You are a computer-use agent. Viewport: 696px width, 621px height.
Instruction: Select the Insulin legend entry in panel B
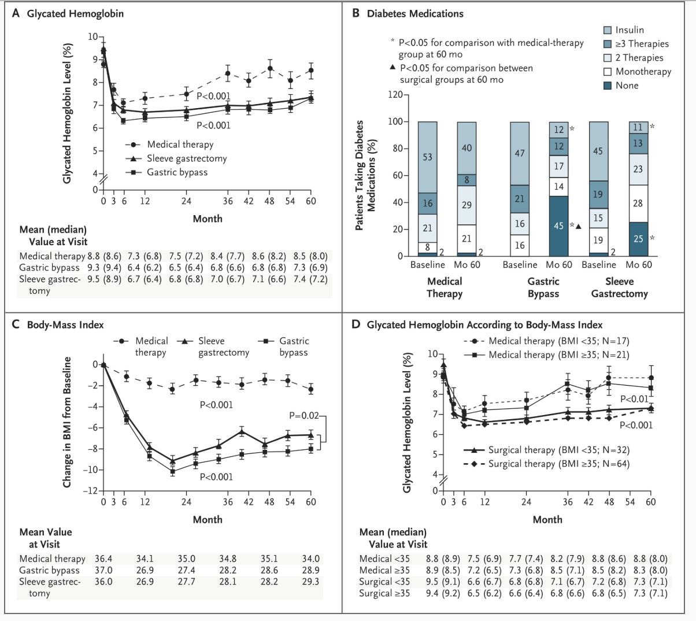point(630,30)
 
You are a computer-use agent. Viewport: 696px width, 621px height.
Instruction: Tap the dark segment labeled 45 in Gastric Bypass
point(559,226)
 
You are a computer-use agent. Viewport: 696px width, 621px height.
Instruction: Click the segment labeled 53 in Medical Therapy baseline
point(427,157)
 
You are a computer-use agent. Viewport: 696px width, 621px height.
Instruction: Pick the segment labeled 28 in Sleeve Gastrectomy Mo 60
point(638,204)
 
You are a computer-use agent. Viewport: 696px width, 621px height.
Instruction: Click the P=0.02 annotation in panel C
point(303,416)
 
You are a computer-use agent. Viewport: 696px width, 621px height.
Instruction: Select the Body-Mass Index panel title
point(65,324)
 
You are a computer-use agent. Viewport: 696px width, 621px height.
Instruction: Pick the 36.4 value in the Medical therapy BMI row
point(105,559)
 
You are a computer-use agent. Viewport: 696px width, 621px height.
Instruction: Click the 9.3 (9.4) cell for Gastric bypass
point(105,268)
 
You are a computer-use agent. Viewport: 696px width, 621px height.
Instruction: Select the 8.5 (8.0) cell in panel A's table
point(310,256)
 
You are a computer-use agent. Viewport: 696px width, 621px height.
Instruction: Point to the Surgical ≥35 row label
point(384,593)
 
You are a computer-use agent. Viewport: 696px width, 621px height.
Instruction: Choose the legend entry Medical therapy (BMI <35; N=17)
point(558,341)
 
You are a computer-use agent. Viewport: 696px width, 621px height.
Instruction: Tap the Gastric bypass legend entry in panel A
point(177,172)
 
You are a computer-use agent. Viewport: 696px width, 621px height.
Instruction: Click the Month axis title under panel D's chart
point(547,519)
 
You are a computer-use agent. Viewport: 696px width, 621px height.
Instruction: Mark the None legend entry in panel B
point(627,86)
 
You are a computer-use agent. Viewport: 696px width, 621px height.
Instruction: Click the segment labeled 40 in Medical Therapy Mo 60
point(466,148)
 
